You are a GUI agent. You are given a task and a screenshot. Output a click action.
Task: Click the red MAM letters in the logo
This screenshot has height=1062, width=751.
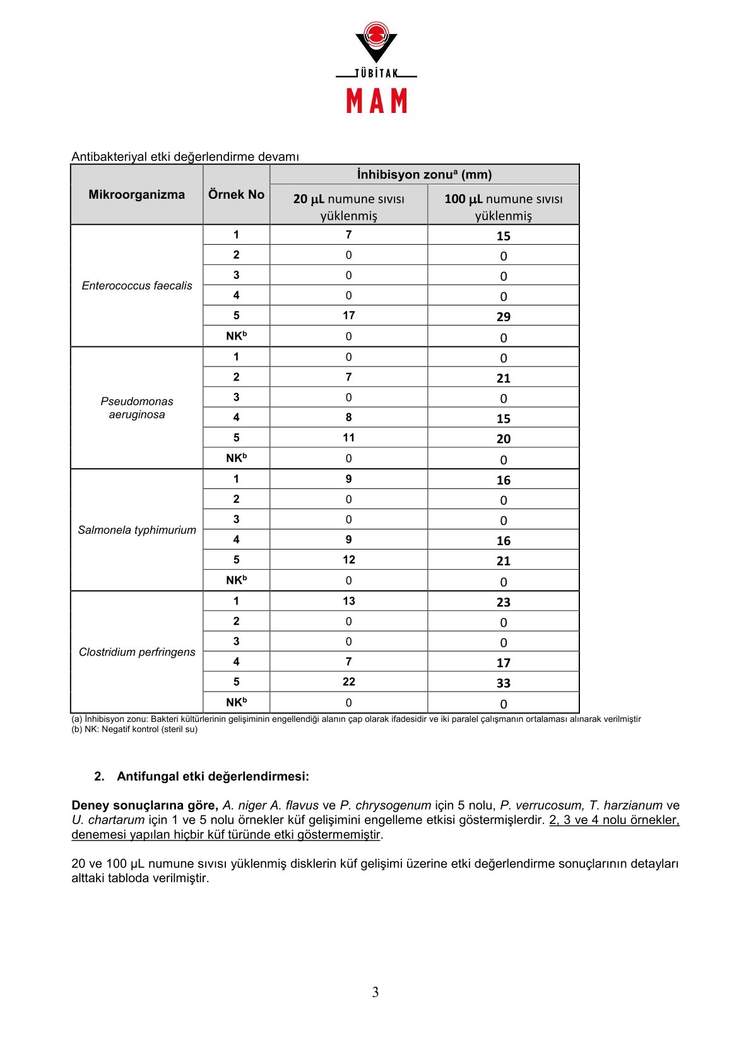(x=377, y=101)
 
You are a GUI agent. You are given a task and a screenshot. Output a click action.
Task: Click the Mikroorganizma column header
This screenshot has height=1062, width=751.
(x=136, y=194)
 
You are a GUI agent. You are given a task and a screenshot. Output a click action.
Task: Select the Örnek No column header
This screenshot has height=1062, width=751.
(x=236, y=194)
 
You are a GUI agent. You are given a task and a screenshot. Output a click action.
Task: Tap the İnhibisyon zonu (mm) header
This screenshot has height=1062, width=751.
(x=424, y=174)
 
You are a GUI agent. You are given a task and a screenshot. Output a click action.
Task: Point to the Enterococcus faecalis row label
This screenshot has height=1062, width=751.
(x=137, y=286)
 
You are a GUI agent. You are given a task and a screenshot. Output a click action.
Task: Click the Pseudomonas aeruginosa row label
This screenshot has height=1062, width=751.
(x=137, y=408)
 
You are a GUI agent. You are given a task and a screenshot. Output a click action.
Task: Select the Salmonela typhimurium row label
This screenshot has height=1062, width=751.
(x=137, y=530)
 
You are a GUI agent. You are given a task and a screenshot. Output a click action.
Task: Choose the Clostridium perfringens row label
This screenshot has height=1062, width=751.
(x=137, y=652)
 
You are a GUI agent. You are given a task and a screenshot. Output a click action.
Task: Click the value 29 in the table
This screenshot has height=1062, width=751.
(x=503, y=317)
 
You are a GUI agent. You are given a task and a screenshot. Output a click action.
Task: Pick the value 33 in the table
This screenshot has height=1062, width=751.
(x=503, y=683)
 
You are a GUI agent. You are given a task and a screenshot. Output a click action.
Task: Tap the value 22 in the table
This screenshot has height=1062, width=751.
(x=348, y=682)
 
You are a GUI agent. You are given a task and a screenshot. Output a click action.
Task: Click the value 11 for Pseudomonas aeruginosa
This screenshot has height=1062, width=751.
(x=348, y=438)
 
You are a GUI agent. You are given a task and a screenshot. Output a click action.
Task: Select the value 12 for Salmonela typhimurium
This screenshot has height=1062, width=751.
(x=348, y=560)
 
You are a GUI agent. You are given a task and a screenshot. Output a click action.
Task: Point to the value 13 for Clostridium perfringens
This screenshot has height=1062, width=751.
(x=348, y=601)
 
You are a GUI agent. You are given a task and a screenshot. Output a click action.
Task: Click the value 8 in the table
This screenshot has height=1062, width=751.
(x=348, y=418)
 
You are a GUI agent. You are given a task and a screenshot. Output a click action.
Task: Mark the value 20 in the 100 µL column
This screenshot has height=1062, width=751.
(x=503, y=439)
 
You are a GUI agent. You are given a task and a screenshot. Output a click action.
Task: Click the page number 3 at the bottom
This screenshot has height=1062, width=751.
(x=375, y=993)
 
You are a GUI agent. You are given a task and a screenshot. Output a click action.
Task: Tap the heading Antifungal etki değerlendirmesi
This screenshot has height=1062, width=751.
(x=213, y=777)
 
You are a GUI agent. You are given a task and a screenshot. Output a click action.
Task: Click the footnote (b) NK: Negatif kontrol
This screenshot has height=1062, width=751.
(x=134, y=729)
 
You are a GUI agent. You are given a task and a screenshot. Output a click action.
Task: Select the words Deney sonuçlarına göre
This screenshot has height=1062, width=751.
(x=145, y=806)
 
